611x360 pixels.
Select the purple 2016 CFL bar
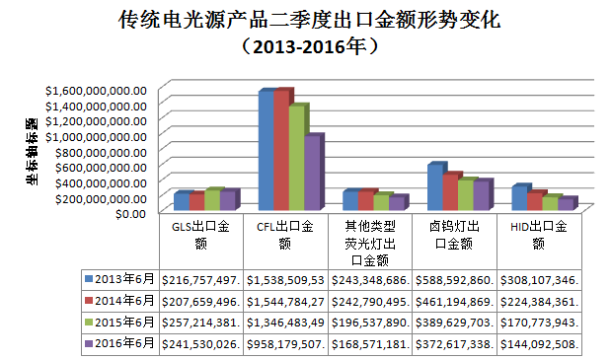pos(312,173)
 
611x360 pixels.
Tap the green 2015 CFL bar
pos(296,158)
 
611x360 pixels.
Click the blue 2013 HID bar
pos(519,197)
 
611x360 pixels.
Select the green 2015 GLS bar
pos(211,200)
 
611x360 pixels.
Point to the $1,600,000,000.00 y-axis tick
pos(96,89)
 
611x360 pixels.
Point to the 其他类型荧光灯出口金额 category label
pos(369,243)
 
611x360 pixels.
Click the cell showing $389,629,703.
pos(454,321)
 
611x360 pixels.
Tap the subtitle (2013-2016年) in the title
pos(305,45)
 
